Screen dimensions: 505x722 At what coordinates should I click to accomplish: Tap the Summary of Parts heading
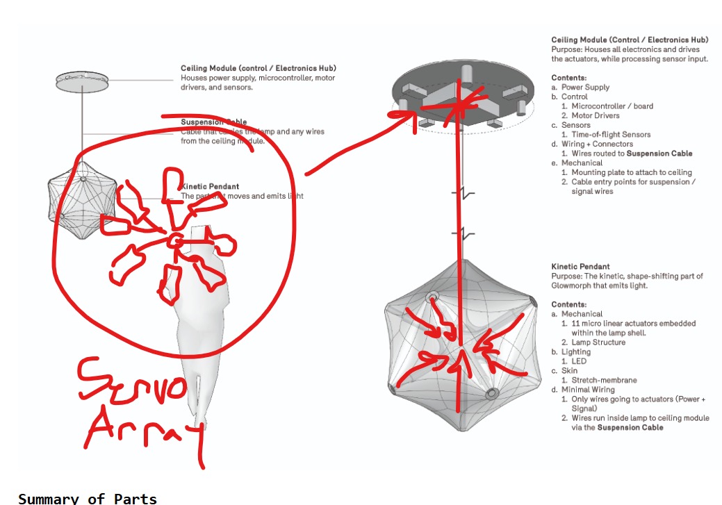click(x=88, y=498)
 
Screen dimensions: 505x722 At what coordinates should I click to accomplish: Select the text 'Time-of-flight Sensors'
click(x=611, y=135)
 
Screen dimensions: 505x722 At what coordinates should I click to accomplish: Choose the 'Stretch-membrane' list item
click(x=604, y=380)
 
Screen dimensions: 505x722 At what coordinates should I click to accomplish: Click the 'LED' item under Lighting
click(x=579, y=361)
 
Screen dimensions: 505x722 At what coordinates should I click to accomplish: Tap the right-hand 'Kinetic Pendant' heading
click(x=580, y=267)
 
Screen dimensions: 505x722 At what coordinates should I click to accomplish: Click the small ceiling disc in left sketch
click(x=83, y=81)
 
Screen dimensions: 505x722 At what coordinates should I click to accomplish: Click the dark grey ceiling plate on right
click(x=462, y=97)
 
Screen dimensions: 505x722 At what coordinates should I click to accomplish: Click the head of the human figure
click(x=199, y=233)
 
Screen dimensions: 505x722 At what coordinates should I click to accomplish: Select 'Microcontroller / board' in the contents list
click(x=612, y=106)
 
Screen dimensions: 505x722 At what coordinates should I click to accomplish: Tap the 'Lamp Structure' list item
click(x=598, y=342)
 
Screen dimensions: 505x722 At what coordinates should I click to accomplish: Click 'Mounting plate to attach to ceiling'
click(x=632, y=172)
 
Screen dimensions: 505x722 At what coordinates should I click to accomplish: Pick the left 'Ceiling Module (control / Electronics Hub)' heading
click(x=259, y=68)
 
